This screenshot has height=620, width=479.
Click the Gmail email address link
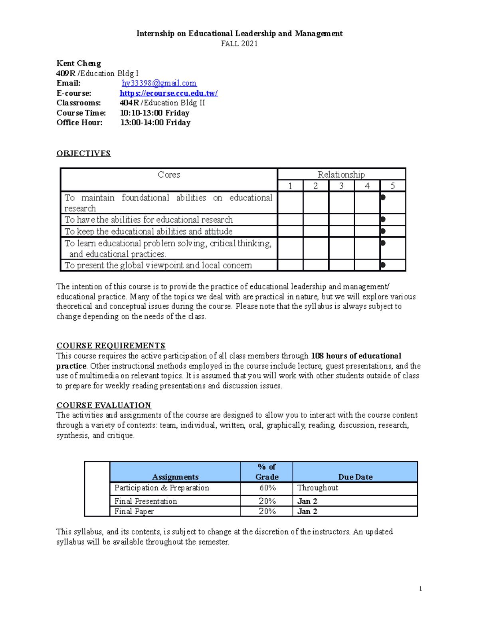pyautogui.click(x=159, y=83)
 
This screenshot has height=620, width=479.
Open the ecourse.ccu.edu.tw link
pyautogui.click(x=168, y=93)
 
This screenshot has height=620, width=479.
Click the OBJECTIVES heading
pyautogui.click(x=83, y=153)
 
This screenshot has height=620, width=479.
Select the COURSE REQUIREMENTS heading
pyautogui.click(x=111, y=346)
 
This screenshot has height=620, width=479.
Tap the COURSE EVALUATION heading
pyautogui.click(x=103, y=405)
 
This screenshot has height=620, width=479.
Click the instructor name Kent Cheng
pyautogui.click(x=79, y=63)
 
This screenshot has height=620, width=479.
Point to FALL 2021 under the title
pyautogui.click(x=239, y=44)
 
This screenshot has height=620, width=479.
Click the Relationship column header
pyautogui.click(x=341, y=174)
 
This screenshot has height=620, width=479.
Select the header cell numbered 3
pyautogui.click(x=341, y=186)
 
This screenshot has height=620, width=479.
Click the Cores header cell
pyautogui.click(x=169, y=174)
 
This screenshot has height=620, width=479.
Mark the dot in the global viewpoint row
pyautogui.click(x=383, y=265)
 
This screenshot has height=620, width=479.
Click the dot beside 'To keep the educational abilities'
pyautogui.click(x=383, y=231)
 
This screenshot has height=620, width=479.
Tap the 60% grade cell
pyautogui.click(x=267, y=488)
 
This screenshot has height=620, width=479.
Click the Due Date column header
pyautogui.click(x=355, y=477)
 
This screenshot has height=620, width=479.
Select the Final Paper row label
pyautogui.click(x=134, y=511)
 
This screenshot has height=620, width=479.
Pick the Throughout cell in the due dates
pyautogui.click(x=318, y=488)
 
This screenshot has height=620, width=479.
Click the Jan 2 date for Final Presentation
pyautogui.click(x=307, y=501)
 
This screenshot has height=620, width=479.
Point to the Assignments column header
pyautogui.click(x=175, y=477)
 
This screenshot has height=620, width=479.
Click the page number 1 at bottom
pyautogui.click(x=420, y=588)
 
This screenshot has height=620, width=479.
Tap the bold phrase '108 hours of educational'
pyautogui.click(x=356, y=356)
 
